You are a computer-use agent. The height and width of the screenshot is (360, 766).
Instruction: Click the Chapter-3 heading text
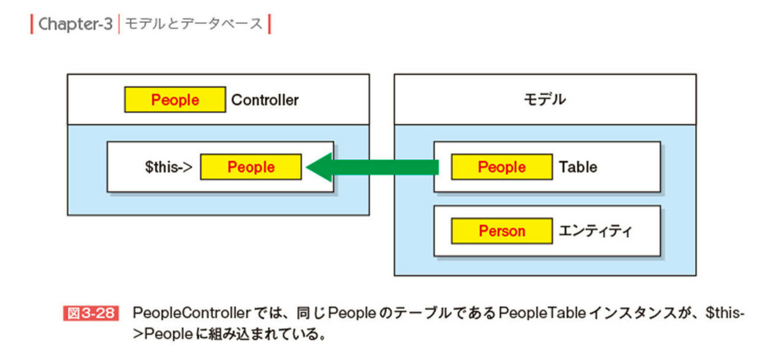[75, 24]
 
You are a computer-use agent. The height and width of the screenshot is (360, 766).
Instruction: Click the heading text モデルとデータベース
[193, 24]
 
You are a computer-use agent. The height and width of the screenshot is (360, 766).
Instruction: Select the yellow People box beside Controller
[175, 100]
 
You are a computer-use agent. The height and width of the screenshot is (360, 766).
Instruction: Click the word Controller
[265, 100]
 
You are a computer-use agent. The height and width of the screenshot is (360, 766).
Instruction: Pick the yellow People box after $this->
[251, 167]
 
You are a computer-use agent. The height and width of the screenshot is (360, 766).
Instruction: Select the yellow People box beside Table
[502, 167]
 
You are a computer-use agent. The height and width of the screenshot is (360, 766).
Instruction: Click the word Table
[578, 167]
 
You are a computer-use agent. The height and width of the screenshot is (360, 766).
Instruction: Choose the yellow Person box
[502, 231]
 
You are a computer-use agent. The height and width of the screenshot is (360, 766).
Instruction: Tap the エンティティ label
[595, 231]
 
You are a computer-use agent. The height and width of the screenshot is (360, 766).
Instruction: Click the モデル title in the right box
[544, 100]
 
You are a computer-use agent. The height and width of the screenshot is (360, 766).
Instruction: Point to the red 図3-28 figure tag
[91, 314]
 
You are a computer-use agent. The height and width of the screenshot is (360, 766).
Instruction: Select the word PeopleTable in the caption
[537, 314]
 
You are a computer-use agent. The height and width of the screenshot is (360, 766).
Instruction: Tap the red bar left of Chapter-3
[32, 24]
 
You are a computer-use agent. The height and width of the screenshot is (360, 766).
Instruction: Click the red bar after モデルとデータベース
[269, 24]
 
